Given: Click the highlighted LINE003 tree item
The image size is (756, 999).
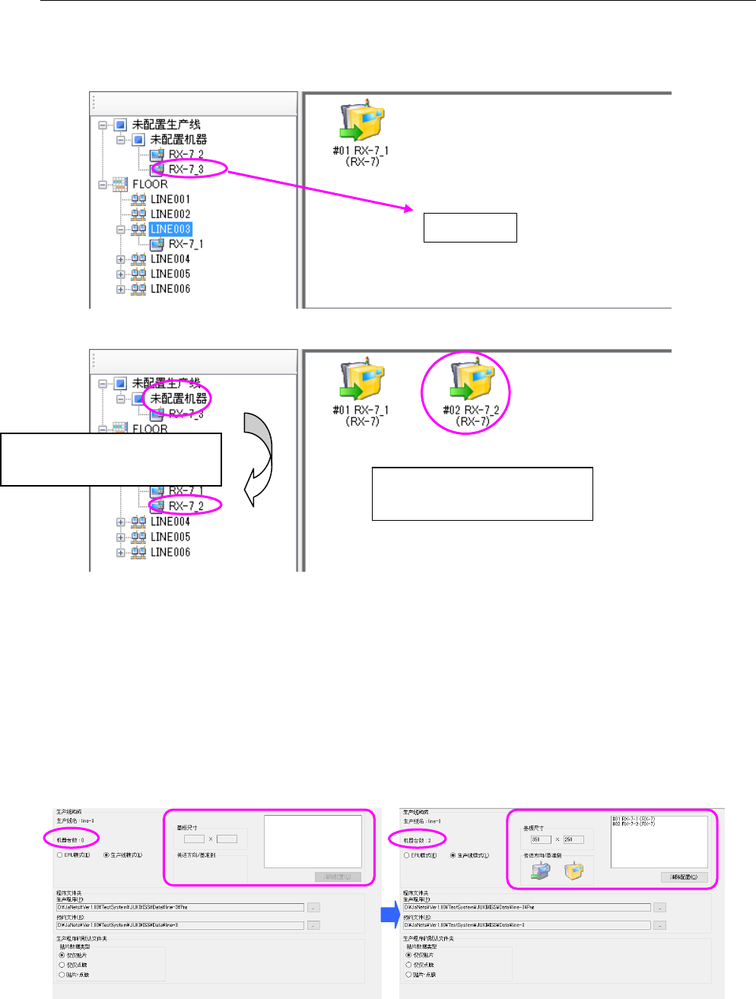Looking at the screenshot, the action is click(x=170, y=229).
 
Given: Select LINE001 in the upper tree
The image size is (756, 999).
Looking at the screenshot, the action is click(x=170, y=199).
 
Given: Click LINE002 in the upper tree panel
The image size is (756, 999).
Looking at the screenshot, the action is click(x=170, y=214).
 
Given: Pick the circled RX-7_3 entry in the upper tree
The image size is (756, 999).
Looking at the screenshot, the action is click(x=186, y=169).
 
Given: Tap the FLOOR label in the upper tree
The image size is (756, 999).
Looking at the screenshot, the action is click(x=150, y=184).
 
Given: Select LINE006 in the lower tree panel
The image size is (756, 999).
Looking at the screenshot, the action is click(x=170, y=552).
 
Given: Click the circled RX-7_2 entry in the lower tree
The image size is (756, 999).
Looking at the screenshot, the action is click(x=186, y=506).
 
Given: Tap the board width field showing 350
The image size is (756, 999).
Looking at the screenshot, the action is click(x=541, y=839).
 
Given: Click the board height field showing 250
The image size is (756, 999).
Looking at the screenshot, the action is click(x=573, y=839).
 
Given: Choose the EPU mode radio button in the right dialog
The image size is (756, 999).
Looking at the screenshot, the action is click(x=408, y=855).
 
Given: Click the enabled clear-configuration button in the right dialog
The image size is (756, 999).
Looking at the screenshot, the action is click(x=684, y=877).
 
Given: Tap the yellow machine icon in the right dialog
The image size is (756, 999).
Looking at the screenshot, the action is click(x=573, y=871).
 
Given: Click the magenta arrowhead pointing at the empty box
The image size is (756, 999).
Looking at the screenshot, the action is click(x=409, y=208).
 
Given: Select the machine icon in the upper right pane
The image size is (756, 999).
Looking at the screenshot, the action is click(x=362, y=122).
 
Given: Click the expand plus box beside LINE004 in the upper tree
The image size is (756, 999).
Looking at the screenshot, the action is click(x=120, y=259).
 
